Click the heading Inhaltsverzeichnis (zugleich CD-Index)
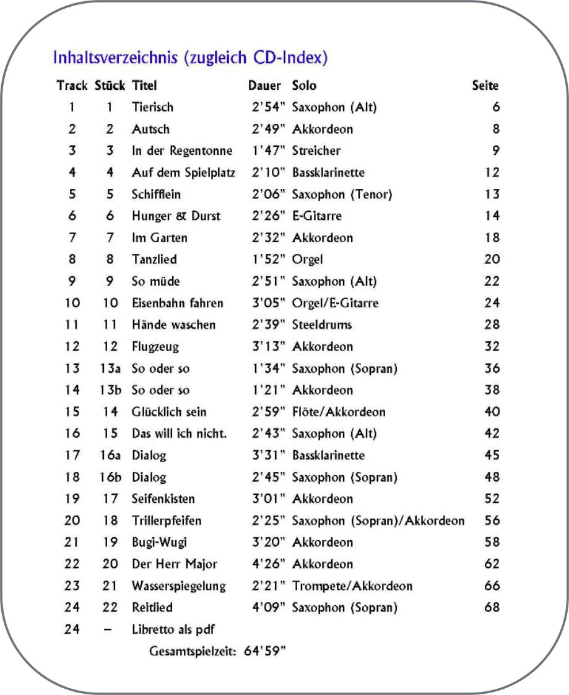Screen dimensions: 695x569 (190, 59)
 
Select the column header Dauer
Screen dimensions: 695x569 (264, 85)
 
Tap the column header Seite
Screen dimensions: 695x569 (485, 85)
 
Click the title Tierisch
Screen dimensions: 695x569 (152, 107)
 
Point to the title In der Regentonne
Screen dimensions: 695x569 (182, 151)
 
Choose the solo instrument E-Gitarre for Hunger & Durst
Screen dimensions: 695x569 (317, 216)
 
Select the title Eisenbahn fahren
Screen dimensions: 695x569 (178, 303)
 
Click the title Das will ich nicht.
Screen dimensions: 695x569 (179, 434)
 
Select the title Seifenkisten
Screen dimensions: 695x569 (163, 499)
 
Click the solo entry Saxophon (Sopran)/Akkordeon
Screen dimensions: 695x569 (378, 521)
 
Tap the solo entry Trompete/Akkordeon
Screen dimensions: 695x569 (352, 586)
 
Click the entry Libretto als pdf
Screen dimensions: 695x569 (171, 629)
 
